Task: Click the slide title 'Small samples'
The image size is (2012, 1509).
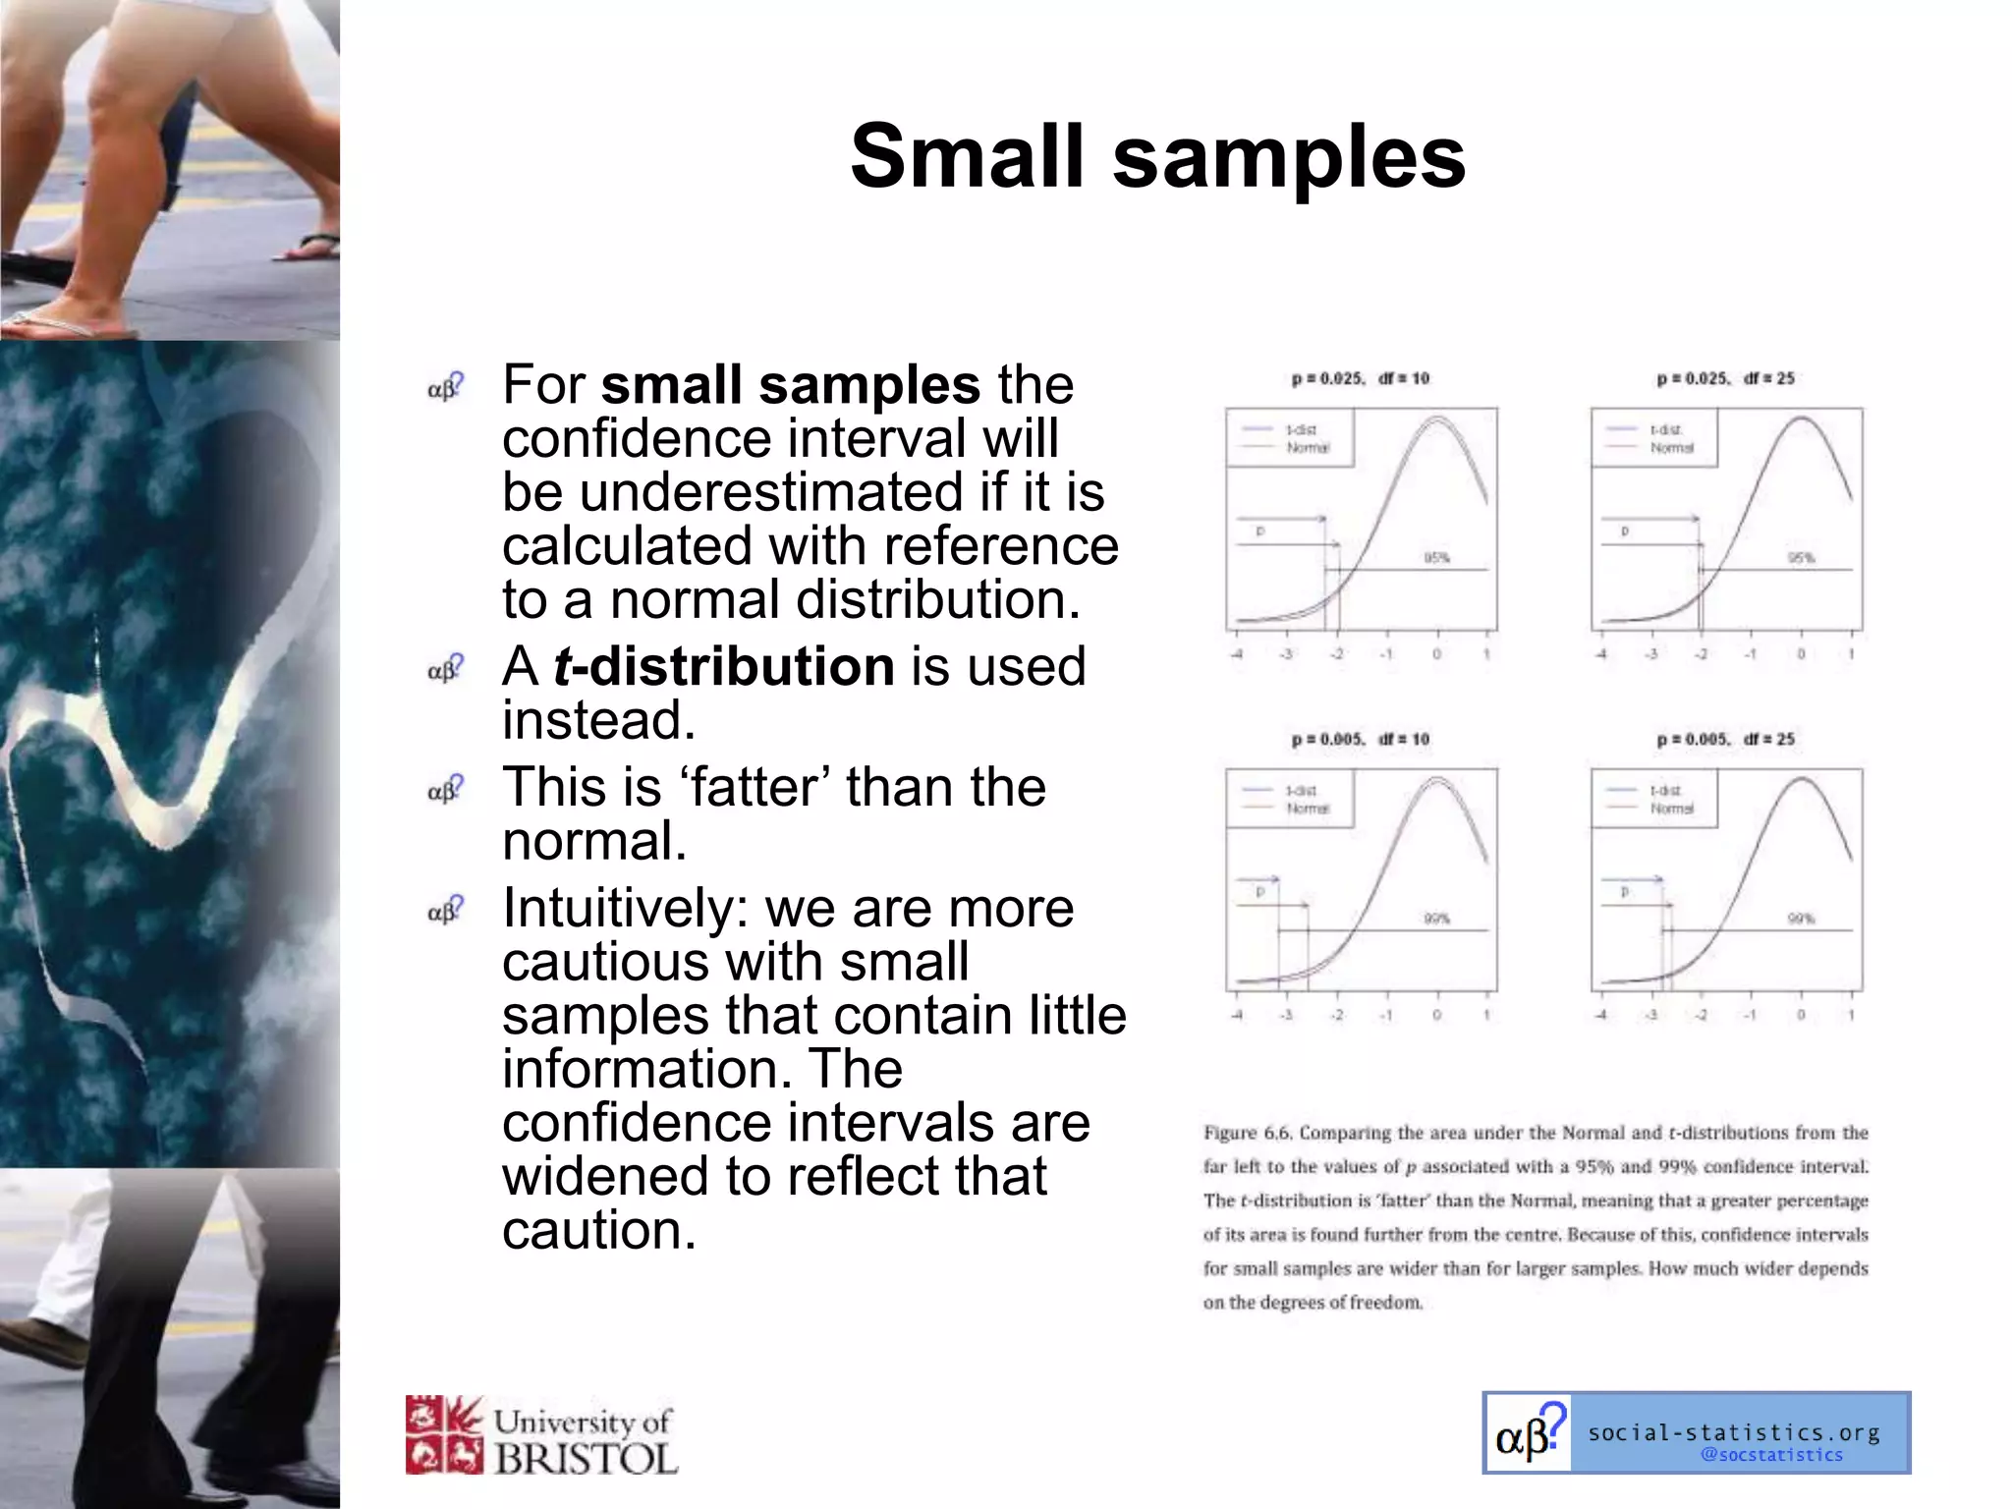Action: (1157, 157)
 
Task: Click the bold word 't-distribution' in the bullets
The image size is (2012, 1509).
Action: (724, 667)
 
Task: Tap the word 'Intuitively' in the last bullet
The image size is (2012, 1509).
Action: (625, 909)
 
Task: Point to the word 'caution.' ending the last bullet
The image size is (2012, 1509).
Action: (599, 1231)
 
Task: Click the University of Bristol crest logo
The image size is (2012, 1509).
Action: (444, 1434)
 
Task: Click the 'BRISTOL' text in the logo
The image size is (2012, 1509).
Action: (586, 1459)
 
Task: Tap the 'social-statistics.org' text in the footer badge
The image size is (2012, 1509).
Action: (1734, 1432)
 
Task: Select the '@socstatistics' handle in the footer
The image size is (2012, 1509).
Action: (1771, 1455)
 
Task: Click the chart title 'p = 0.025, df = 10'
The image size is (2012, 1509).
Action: (1361, 379)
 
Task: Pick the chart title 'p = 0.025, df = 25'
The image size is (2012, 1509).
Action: (1725, 379)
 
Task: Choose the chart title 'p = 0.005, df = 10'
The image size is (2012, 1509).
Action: (1361, 740)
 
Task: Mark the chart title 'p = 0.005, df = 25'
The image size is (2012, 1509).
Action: (1725, 740)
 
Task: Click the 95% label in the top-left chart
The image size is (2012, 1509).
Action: (1436, 558)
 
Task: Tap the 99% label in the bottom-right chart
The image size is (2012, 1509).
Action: (1800, 919)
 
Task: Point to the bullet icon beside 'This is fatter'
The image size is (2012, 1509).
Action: (445, 789)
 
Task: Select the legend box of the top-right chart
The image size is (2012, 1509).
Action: (1653, 438)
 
